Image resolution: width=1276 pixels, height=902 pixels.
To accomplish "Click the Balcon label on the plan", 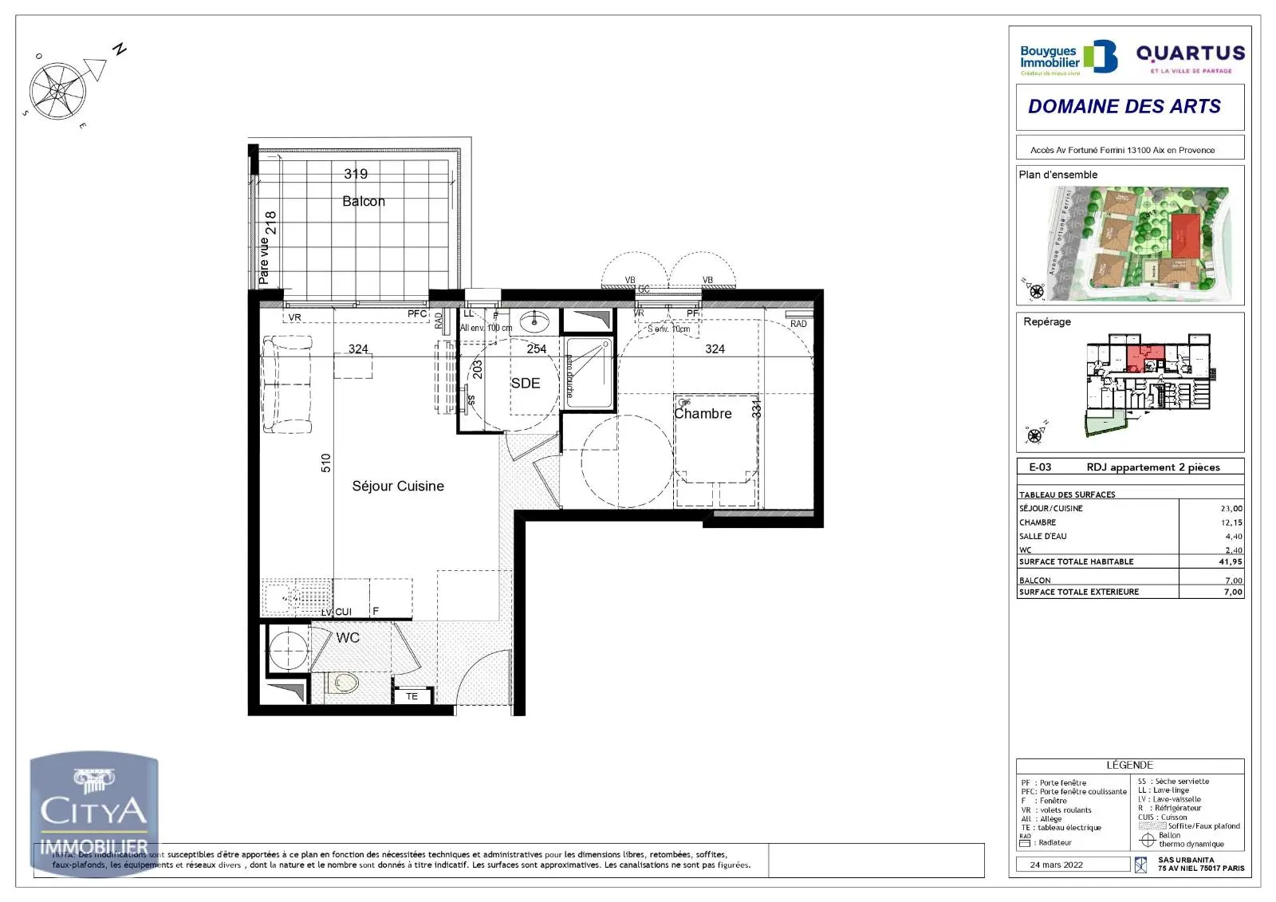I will tap(364, 201).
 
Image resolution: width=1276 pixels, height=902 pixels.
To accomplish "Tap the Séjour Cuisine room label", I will tap(398, 486).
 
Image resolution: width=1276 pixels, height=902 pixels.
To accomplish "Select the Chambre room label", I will tap(703, 413).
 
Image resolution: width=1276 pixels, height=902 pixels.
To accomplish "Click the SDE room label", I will tap(526, 383).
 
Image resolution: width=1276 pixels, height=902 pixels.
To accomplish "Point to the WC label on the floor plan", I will tap(348, 637).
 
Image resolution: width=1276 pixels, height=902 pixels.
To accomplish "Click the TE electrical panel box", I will tap(412, 696).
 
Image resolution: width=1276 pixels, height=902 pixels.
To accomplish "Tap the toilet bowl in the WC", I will tap(344, 683).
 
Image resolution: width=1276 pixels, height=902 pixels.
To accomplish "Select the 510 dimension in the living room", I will tap(325, 463).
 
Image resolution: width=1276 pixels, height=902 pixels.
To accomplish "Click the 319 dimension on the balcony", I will tap(356, 173).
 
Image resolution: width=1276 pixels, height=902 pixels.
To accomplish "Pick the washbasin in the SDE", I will tap(534, 322).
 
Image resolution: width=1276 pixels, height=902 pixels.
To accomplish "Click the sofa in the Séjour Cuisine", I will tap(286, 384).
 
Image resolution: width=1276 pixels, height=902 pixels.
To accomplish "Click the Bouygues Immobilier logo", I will tap(1068, 58).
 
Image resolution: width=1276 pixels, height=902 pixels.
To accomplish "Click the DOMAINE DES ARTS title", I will tap(1124, 106).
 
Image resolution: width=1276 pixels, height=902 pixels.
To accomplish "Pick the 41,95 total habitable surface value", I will tap(1230, 561).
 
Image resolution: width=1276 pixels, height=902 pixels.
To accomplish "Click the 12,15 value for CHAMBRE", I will tap(1231, 522).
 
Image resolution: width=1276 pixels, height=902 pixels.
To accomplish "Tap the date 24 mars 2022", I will tap(1056, 865).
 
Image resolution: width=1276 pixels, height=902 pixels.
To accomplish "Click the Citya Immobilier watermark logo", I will tap(94, 811).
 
